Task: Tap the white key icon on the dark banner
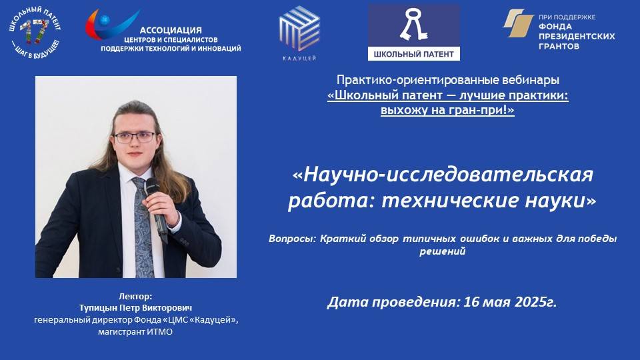(413, 25)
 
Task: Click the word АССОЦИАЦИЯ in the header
(171, 30)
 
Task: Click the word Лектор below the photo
(135, 296)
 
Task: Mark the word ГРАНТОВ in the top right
(559, 47)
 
